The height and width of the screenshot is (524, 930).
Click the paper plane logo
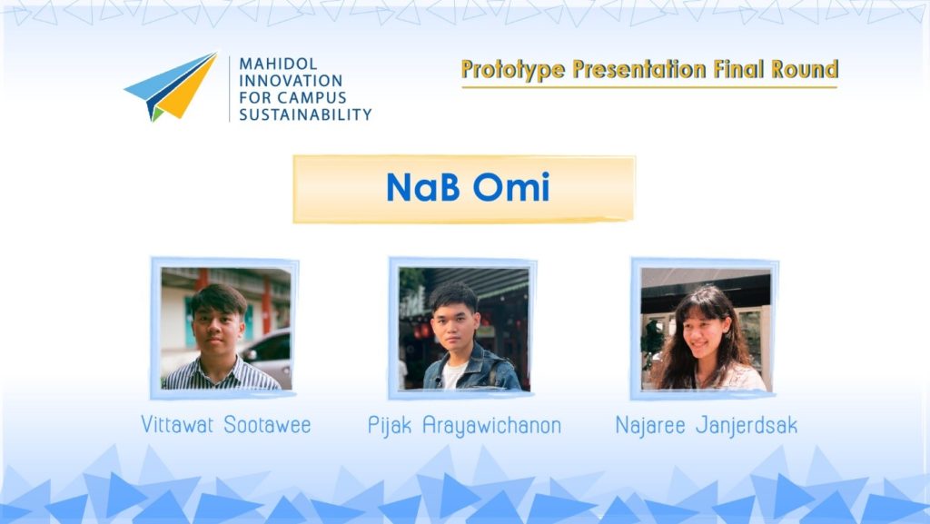(x=170, y=86)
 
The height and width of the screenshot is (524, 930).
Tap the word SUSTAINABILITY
(x=305, y=114)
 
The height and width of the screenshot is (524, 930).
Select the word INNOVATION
(x=291, y=81)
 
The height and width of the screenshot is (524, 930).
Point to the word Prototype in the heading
(x=513, y=70)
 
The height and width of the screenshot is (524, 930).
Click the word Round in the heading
(x=805, y=69)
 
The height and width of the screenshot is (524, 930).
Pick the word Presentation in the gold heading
(x=639, y=69)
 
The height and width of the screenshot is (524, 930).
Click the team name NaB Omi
(x=468, y=187)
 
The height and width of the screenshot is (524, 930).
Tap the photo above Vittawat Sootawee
(x=226, y=329)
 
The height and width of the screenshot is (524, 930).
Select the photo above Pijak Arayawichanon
(x=464, y=329)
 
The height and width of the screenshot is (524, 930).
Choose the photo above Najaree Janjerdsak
(x=706, y=329)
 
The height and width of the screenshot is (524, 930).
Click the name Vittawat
(x=177, y=424)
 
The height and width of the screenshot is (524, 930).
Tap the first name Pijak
(x=390, y=426)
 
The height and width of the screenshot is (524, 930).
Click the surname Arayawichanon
(x=491, y=426)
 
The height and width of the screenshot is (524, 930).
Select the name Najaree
(x=650, y=425)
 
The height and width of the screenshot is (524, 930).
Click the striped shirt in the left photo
(x=221, y=375)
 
